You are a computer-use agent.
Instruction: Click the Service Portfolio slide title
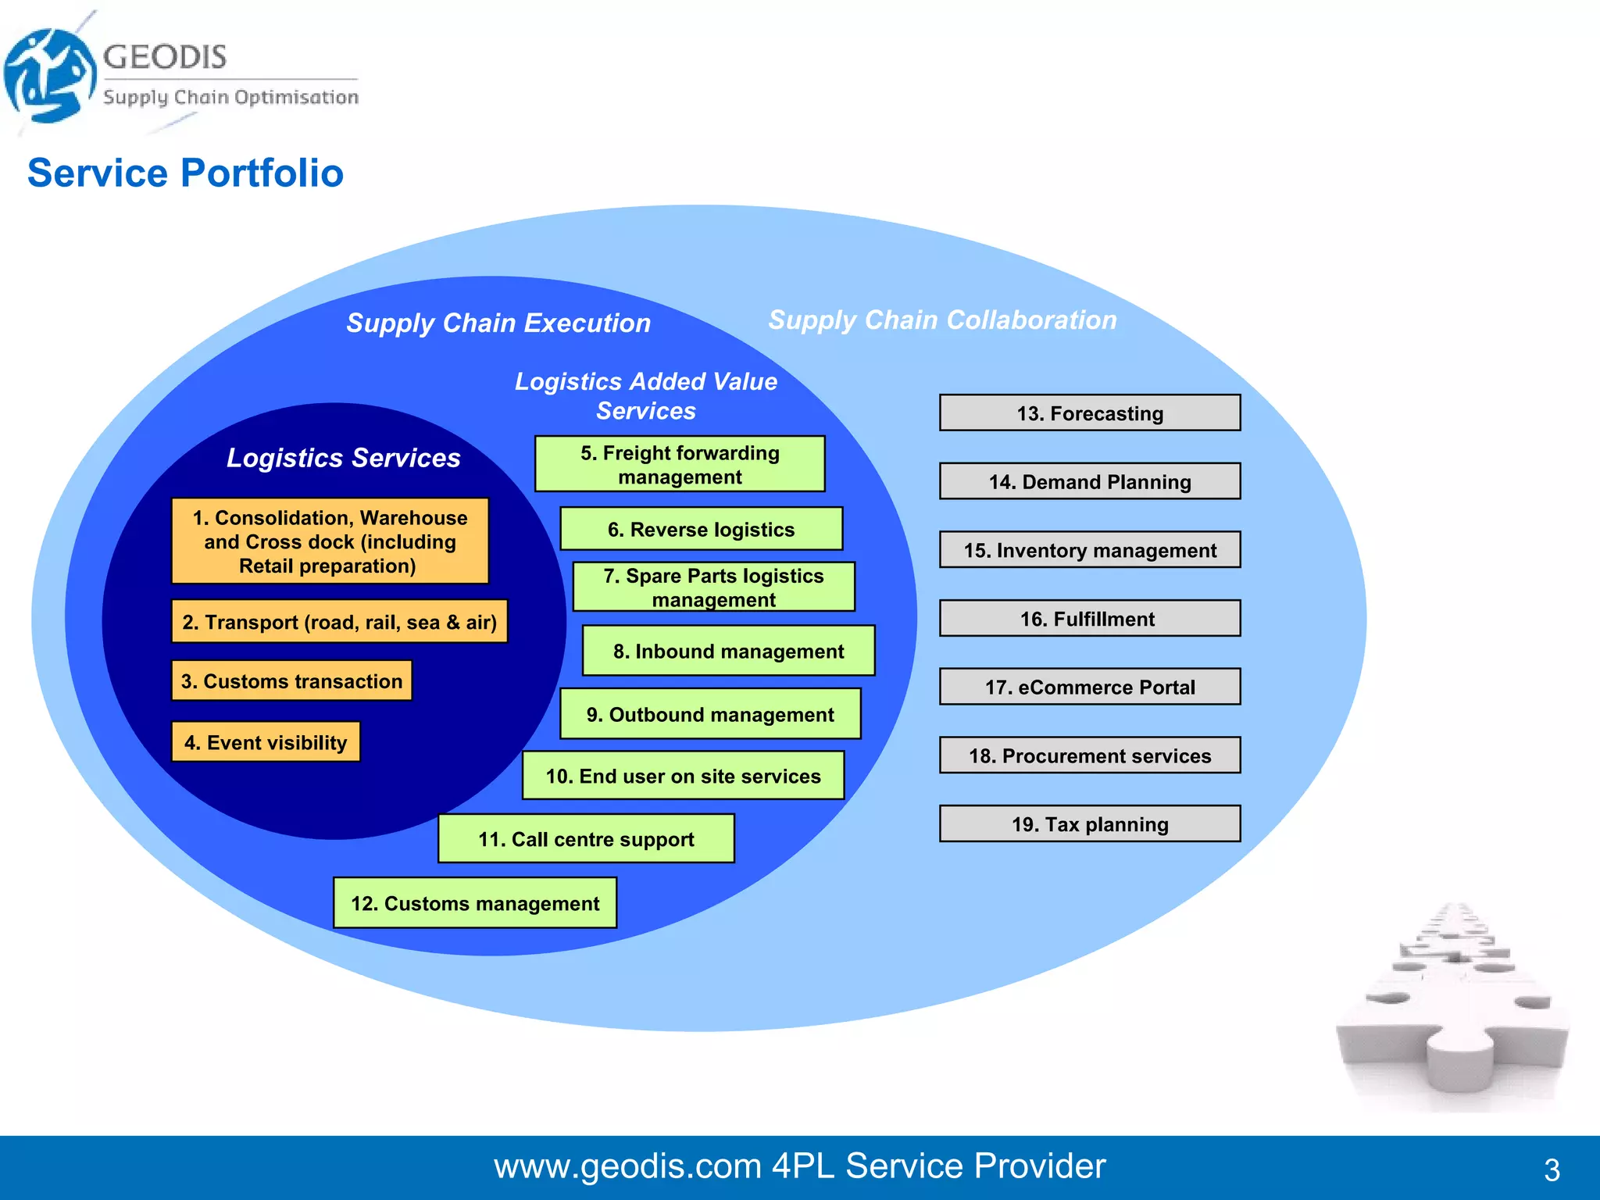(185, 173)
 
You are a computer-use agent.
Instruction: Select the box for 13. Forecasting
(1089, 412)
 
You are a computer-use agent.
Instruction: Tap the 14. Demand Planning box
(1089, 481)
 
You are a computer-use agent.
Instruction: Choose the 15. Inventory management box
(1089, 550)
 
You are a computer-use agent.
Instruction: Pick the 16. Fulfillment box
(1089, 619)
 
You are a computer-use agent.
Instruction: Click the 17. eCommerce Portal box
(1089, 687)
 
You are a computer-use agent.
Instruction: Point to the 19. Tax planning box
(1089, 824)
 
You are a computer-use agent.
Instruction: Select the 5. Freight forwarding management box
(679, 464)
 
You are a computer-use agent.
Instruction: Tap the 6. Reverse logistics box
(701, 529)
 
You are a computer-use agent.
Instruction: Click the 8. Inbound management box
(728, 651)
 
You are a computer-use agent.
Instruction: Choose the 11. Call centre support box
(586, 839)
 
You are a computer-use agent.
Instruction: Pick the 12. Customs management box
(475, 903)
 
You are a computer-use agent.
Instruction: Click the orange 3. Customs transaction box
(291, 680)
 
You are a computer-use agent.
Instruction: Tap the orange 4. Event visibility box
(266, 742)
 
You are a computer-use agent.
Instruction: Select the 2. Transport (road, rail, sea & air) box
(339, 622)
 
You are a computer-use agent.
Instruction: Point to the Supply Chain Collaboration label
(942, 320)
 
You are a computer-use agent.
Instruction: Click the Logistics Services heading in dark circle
(343, 457)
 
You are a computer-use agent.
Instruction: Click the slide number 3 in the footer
(1552, 1170)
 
